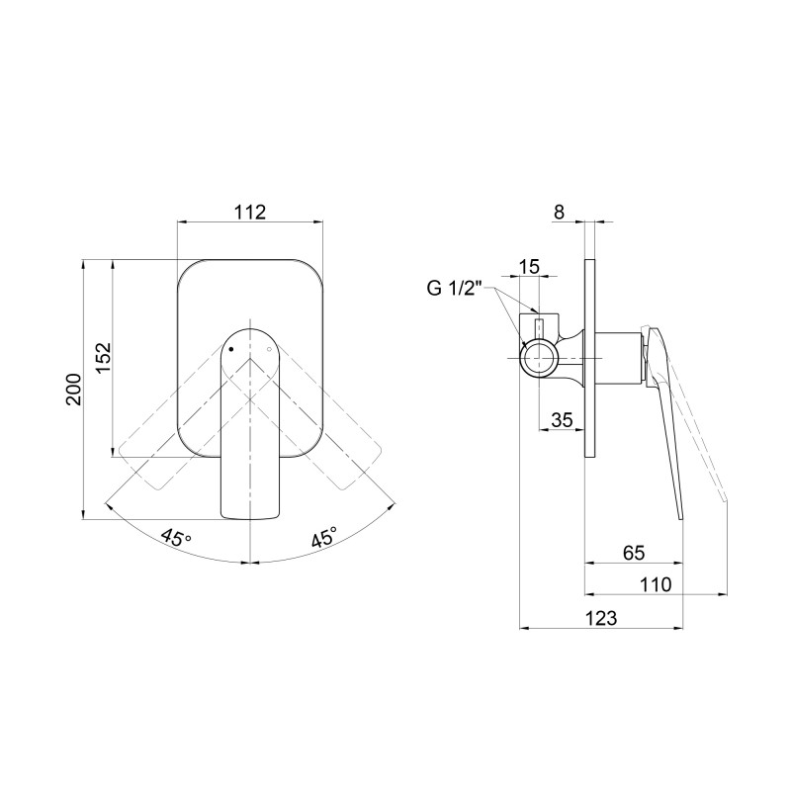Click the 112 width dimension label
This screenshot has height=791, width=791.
click(x=250, y=213)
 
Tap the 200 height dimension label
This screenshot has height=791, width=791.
click(x=73, y=389)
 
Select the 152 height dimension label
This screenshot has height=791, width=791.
click(x=104, y=358)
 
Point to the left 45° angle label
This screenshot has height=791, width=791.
click(x=176, y=537)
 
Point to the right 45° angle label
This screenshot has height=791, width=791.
click(x=324, y=537)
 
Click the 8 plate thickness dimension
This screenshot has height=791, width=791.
click(x=559, y=213)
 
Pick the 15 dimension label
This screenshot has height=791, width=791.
click(x=529, y=266)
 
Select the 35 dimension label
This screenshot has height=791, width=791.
click(x=562, y=419)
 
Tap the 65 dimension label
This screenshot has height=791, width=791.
click(x=634, y=553)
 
